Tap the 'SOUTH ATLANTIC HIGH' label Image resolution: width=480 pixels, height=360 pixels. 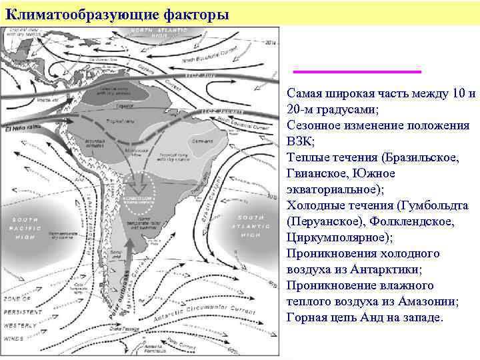tap(250, 226)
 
